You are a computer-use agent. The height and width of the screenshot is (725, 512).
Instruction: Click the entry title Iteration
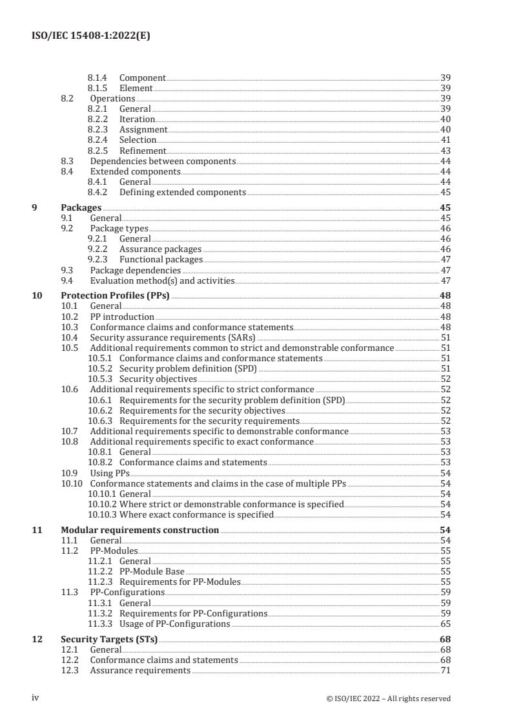[137, 120]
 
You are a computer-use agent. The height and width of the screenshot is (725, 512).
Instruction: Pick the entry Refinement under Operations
[143, 151]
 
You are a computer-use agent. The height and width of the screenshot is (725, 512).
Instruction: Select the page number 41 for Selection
[445, 140]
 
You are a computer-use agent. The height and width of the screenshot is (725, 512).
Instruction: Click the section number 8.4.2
[97, 193]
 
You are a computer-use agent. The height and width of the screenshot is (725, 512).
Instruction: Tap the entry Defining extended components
[183, 193]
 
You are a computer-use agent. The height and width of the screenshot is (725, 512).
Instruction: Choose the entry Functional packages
[161, 260]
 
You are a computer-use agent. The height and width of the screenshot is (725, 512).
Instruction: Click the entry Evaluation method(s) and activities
[162, 281]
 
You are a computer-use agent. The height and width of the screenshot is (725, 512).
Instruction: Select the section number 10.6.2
[99, 410]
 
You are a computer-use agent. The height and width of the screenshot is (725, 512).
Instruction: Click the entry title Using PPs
[110, 473]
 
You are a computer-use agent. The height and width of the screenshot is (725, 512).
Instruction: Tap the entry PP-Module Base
[152, 572]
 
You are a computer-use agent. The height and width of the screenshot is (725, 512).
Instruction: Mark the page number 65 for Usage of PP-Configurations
[445, 624]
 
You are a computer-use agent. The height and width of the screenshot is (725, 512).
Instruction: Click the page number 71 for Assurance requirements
[445, 671]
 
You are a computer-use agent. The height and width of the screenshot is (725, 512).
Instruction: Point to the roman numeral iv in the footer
[36, 698]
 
